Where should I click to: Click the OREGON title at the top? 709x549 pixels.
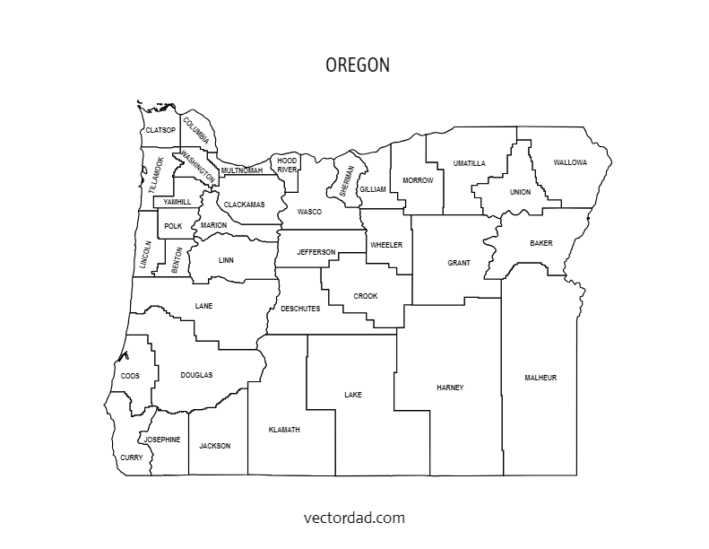point(357,65)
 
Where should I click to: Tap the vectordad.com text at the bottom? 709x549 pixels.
point(354,518)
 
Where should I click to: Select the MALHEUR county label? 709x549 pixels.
point(540,378)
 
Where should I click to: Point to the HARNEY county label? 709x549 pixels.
point(450,388)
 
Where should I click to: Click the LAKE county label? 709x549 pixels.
point(353,394)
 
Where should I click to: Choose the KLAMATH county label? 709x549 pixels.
point(284,430)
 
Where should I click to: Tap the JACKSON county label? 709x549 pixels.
point(215,446)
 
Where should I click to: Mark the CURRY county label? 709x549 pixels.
point(131,457)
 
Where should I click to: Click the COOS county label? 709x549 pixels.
point(130,376)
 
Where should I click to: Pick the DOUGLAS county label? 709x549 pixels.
point(196,375)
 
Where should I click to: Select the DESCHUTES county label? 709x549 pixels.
point(300,309)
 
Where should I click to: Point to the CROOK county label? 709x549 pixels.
point(366,296)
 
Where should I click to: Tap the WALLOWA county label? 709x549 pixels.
point(570,162)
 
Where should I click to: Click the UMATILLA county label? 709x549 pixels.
point(470,163)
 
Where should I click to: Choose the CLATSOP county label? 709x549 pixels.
point(160,130)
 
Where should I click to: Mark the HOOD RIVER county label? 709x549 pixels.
point(287,165)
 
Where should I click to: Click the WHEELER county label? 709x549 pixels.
point(386,245)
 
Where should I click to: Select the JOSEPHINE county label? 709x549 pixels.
point(162,440)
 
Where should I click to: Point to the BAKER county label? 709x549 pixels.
point(541,243)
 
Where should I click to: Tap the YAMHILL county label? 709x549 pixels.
point(177,202)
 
